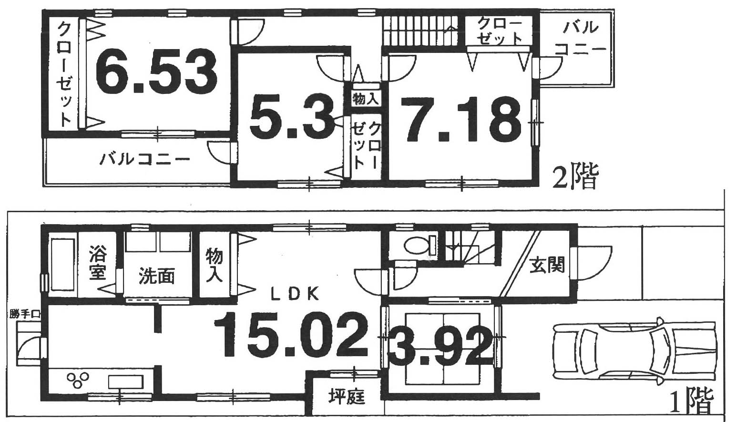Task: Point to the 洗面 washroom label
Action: (x=156, y=277)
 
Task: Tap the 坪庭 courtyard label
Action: (x=347, y=397)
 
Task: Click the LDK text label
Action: (x=295, y=294)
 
